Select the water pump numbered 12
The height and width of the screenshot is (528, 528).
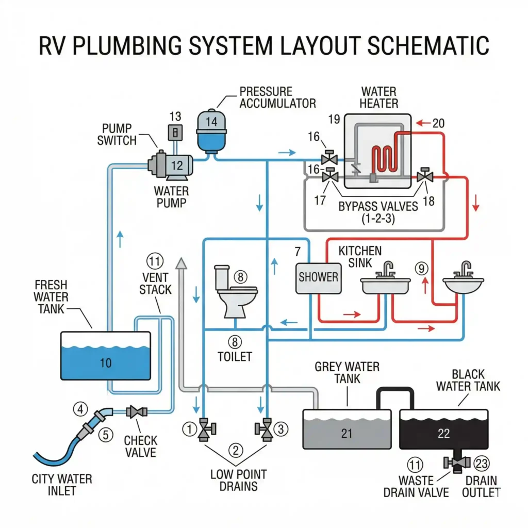click(172, 165)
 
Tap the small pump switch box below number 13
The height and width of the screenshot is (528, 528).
click(175, 133)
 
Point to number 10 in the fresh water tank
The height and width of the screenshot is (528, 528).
click(105, 363)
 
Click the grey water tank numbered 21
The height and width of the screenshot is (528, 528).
click(346, 434)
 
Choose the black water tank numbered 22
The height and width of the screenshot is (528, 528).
click(443, 434)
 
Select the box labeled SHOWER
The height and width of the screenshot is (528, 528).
click(318, 277)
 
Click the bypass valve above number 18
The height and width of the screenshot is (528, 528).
click(425, 176)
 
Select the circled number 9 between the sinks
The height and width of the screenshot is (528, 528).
click(421, 268)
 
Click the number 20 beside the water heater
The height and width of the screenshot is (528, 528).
click(438, 123)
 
